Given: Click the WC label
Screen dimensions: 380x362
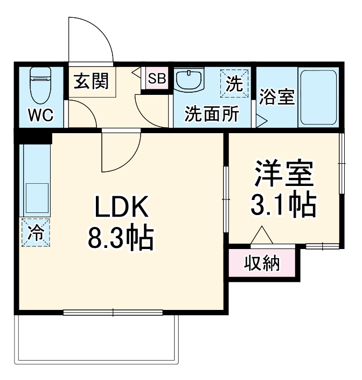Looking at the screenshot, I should click(x=40, y=115).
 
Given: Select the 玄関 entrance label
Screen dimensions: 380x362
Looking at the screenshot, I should click(x=91, y=81).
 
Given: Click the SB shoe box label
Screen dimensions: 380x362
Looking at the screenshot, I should click(x=158, y=78).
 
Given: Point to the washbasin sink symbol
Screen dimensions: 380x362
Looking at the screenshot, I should click(x=189, y=81).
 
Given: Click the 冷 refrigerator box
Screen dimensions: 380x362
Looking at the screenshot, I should click(x=36, y=232).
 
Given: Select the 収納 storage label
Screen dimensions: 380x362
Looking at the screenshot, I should click(x=262, y=264).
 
